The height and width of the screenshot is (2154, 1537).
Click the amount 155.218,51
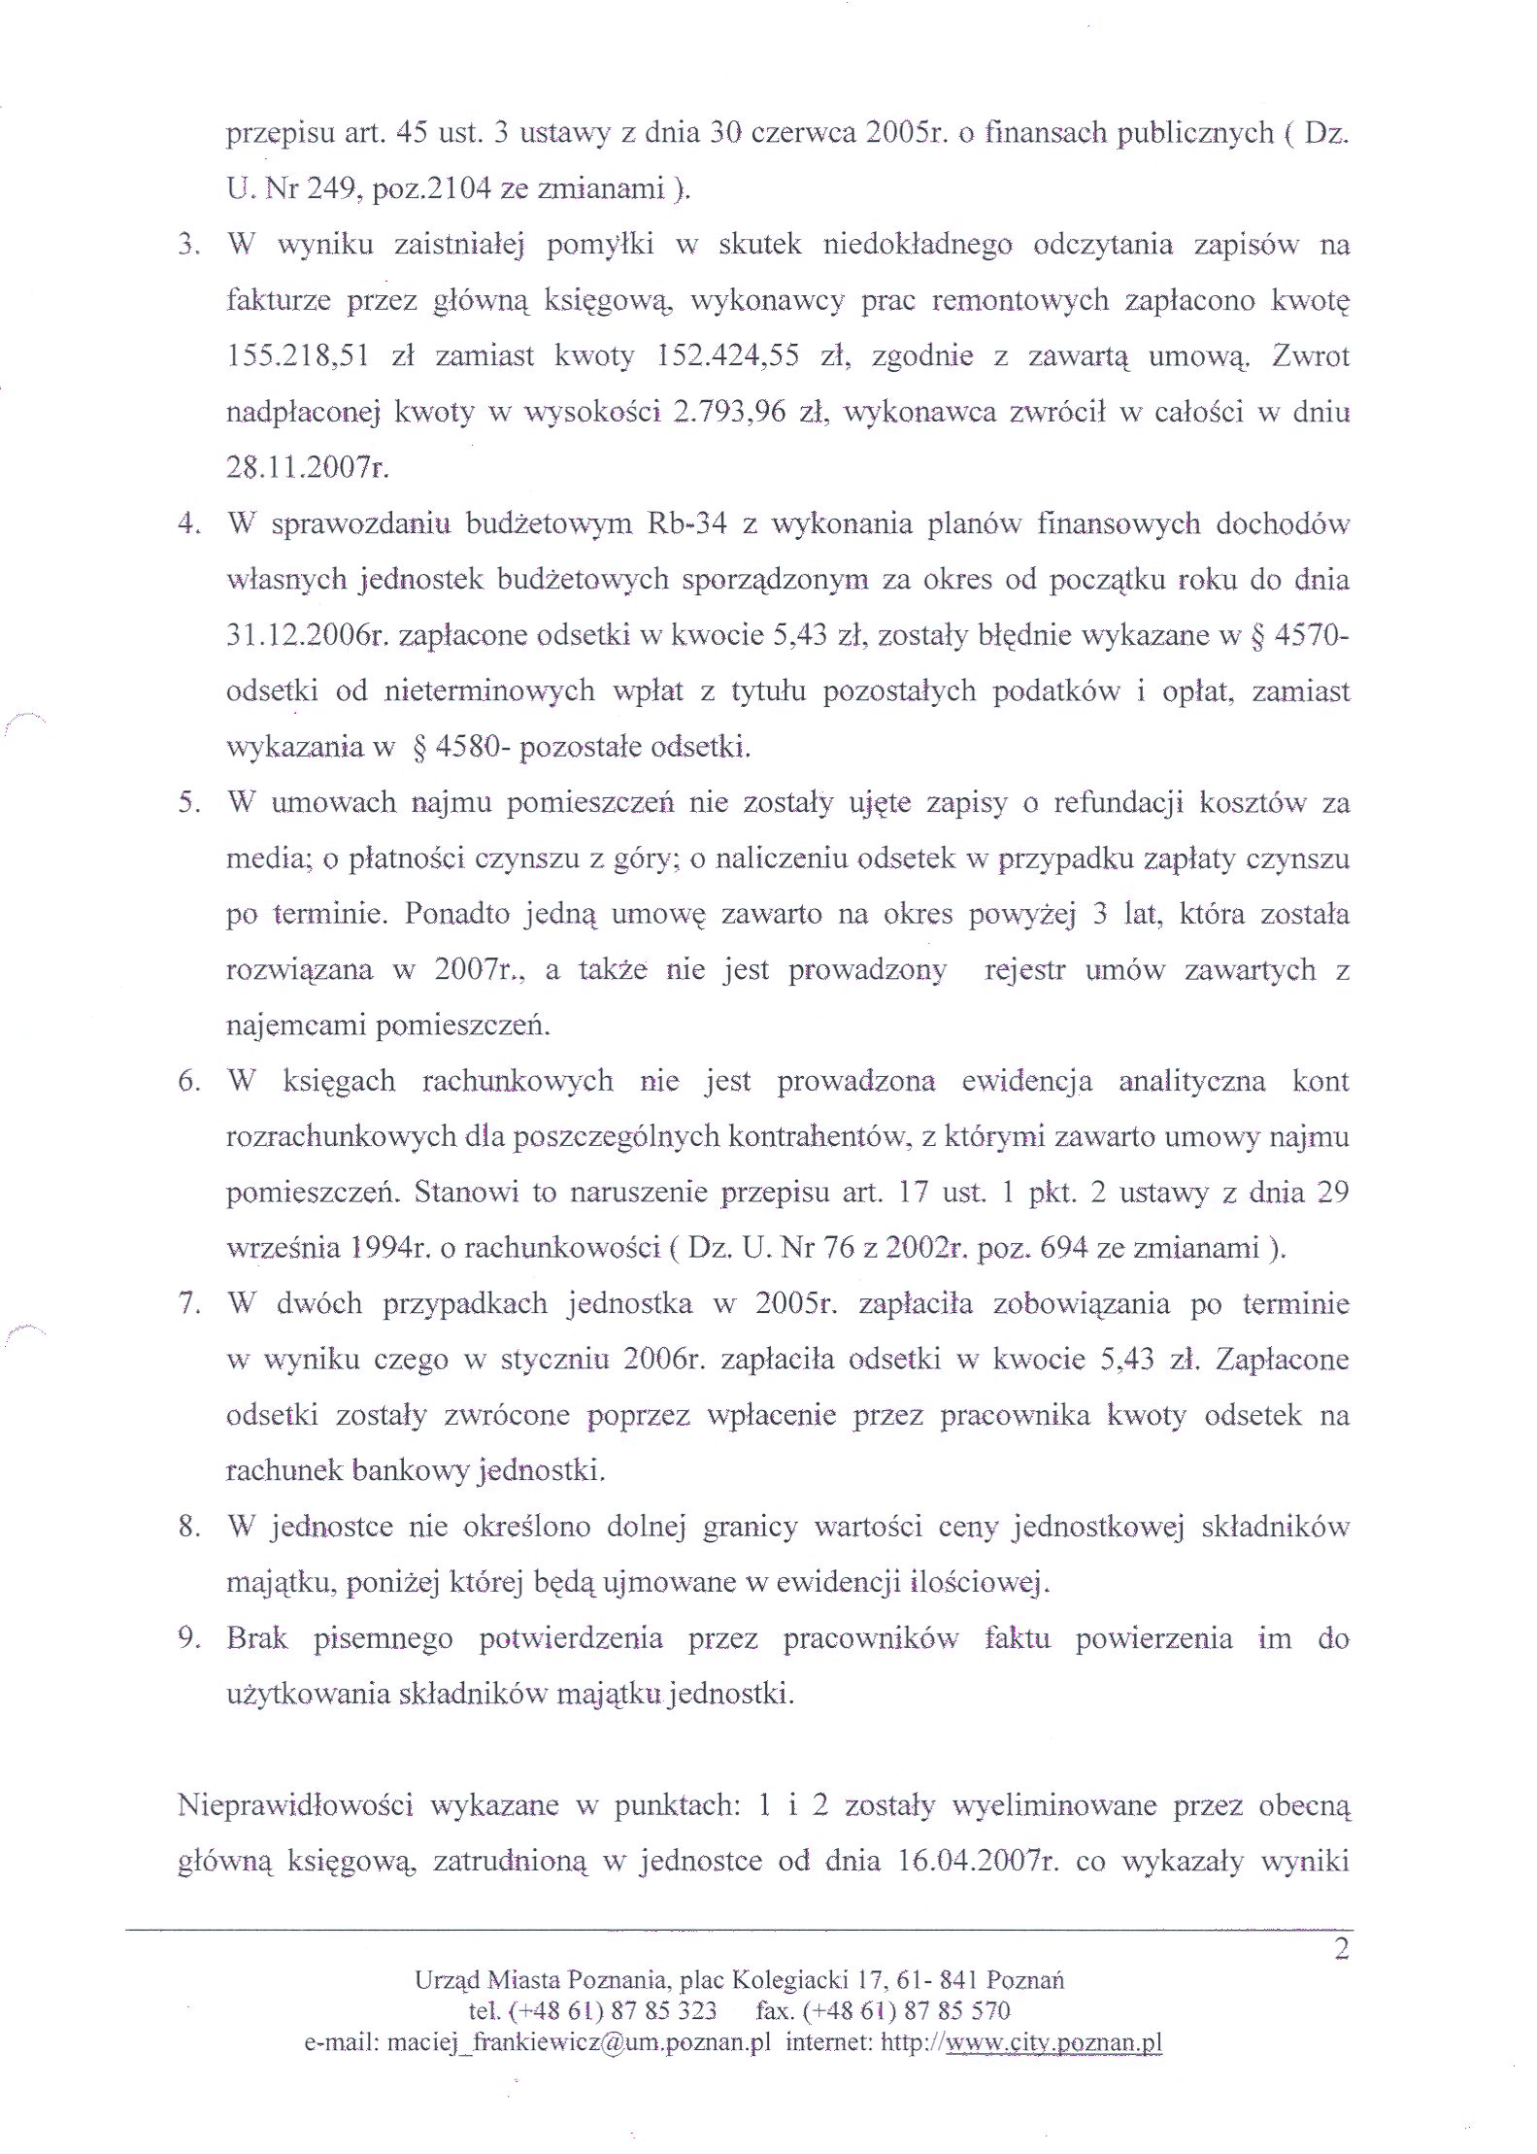coord(297,357)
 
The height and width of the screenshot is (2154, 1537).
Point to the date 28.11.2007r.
coord(308,469)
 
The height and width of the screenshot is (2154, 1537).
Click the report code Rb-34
coord(685,524)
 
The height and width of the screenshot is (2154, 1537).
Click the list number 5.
coord(188,804)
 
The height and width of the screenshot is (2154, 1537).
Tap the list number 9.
coord(188,1639)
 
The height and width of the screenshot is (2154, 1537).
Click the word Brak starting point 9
coord(257,1639)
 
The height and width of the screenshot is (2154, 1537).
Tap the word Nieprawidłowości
coord(295,1806)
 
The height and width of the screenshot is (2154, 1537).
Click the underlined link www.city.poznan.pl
coord(1053,2042)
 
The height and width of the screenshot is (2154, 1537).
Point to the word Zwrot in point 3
coord(1311,357)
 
